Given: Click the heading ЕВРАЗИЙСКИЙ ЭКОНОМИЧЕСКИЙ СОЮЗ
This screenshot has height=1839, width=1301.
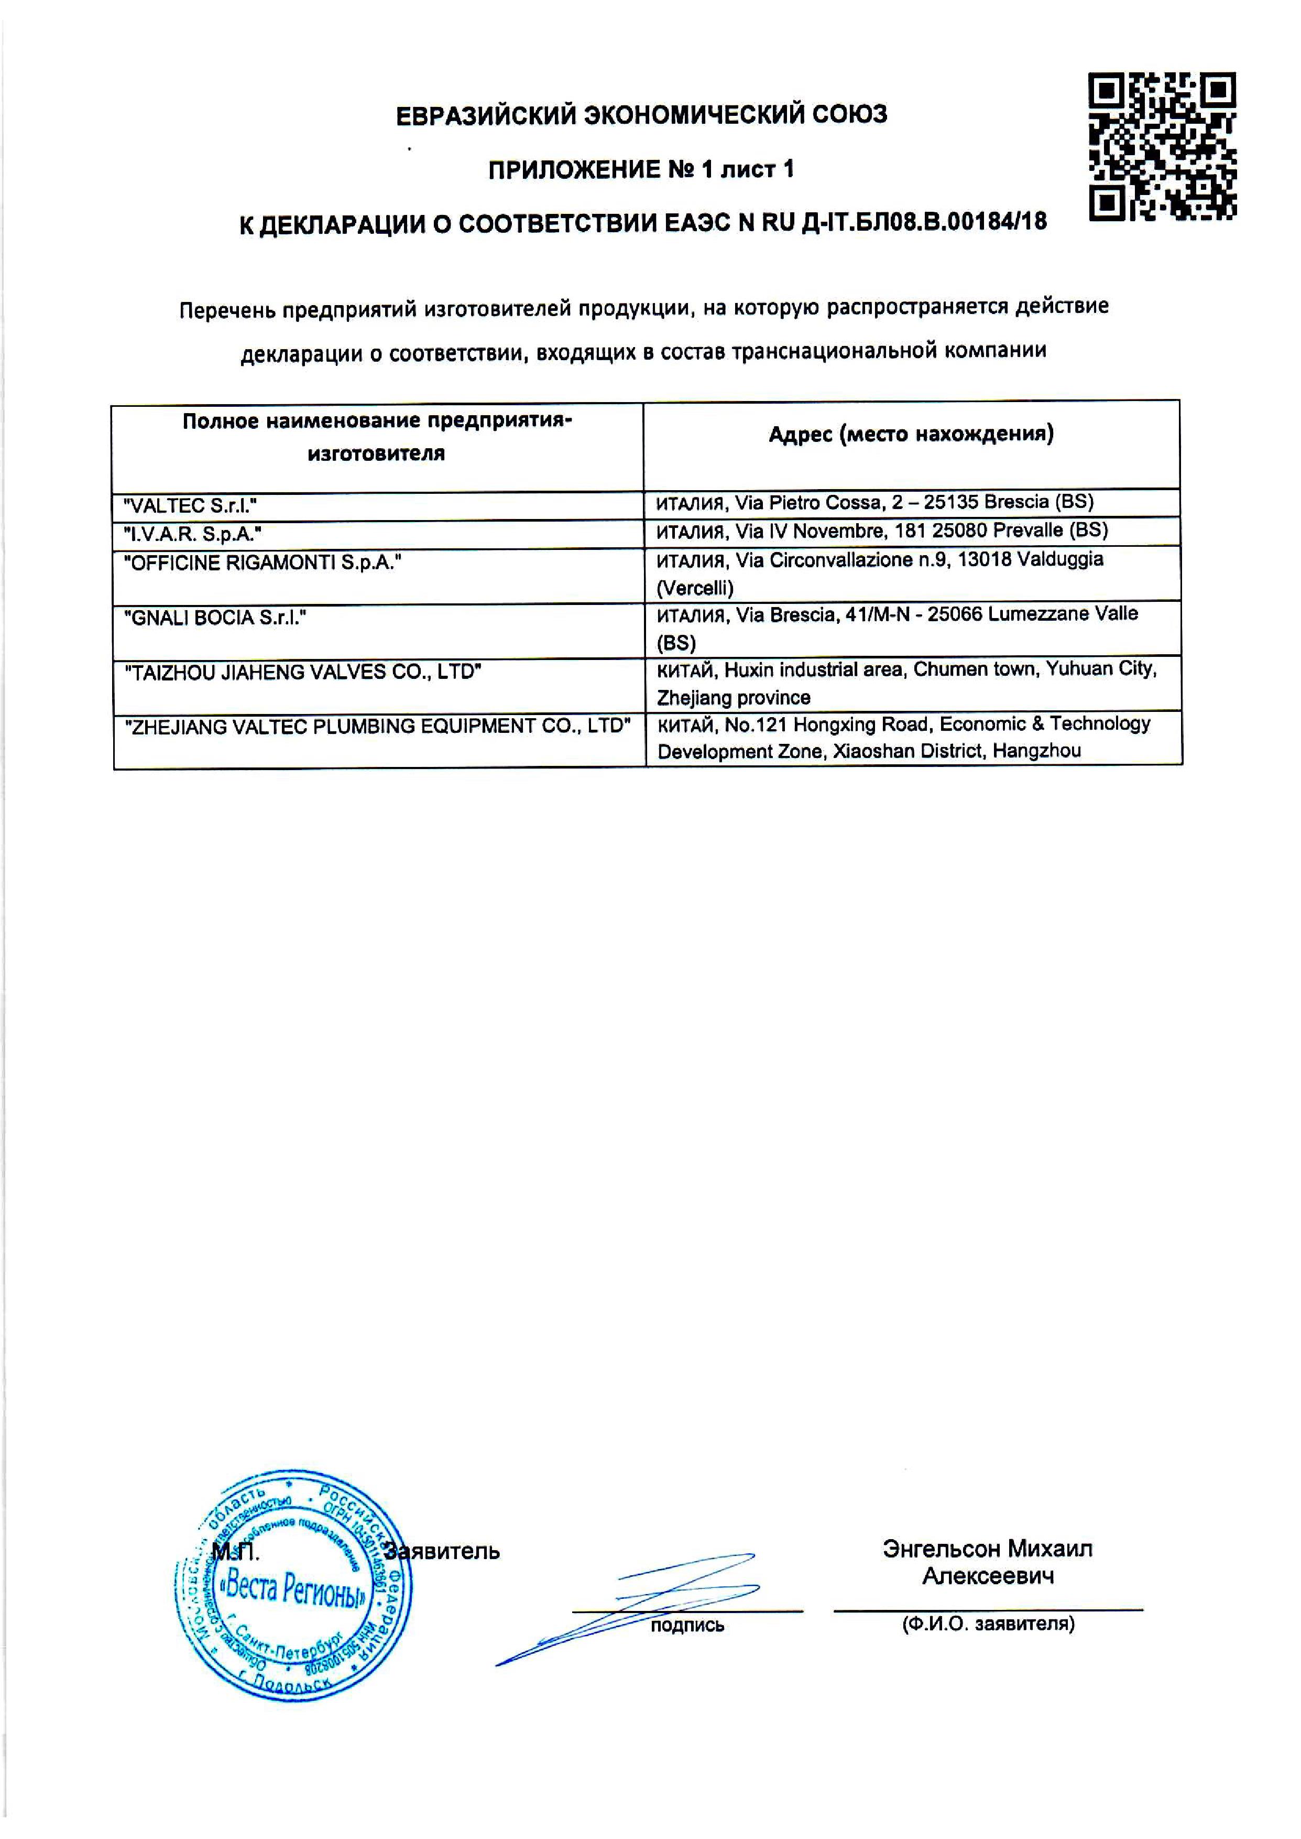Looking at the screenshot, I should point(642,115).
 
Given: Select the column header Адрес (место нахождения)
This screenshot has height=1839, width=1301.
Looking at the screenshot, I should point(911,434).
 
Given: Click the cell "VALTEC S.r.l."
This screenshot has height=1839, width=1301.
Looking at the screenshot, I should point(191,506).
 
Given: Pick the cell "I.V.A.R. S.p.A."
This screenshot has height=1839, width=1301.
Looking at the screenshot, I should point(193,534).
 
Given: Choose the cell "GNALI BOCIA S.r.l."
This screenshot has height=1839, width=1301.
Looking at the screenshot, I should point(215,618).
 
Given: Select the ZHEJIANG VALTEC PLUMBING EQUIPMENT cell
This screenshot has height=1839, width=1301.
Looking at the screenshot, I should point(377,726).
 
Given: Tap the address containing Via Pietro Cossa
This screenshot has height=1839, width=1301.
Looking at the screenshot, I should point(875,502).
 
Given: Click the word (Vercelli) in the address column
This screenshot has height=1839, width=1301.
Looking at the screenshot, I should point(695,588).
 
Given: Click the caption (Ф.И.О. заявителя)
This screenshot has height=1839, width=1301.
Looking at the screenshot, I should point(988,1624).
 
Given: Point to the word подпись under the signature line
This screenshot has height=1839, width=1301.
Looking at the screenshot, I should point(687,1625).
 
